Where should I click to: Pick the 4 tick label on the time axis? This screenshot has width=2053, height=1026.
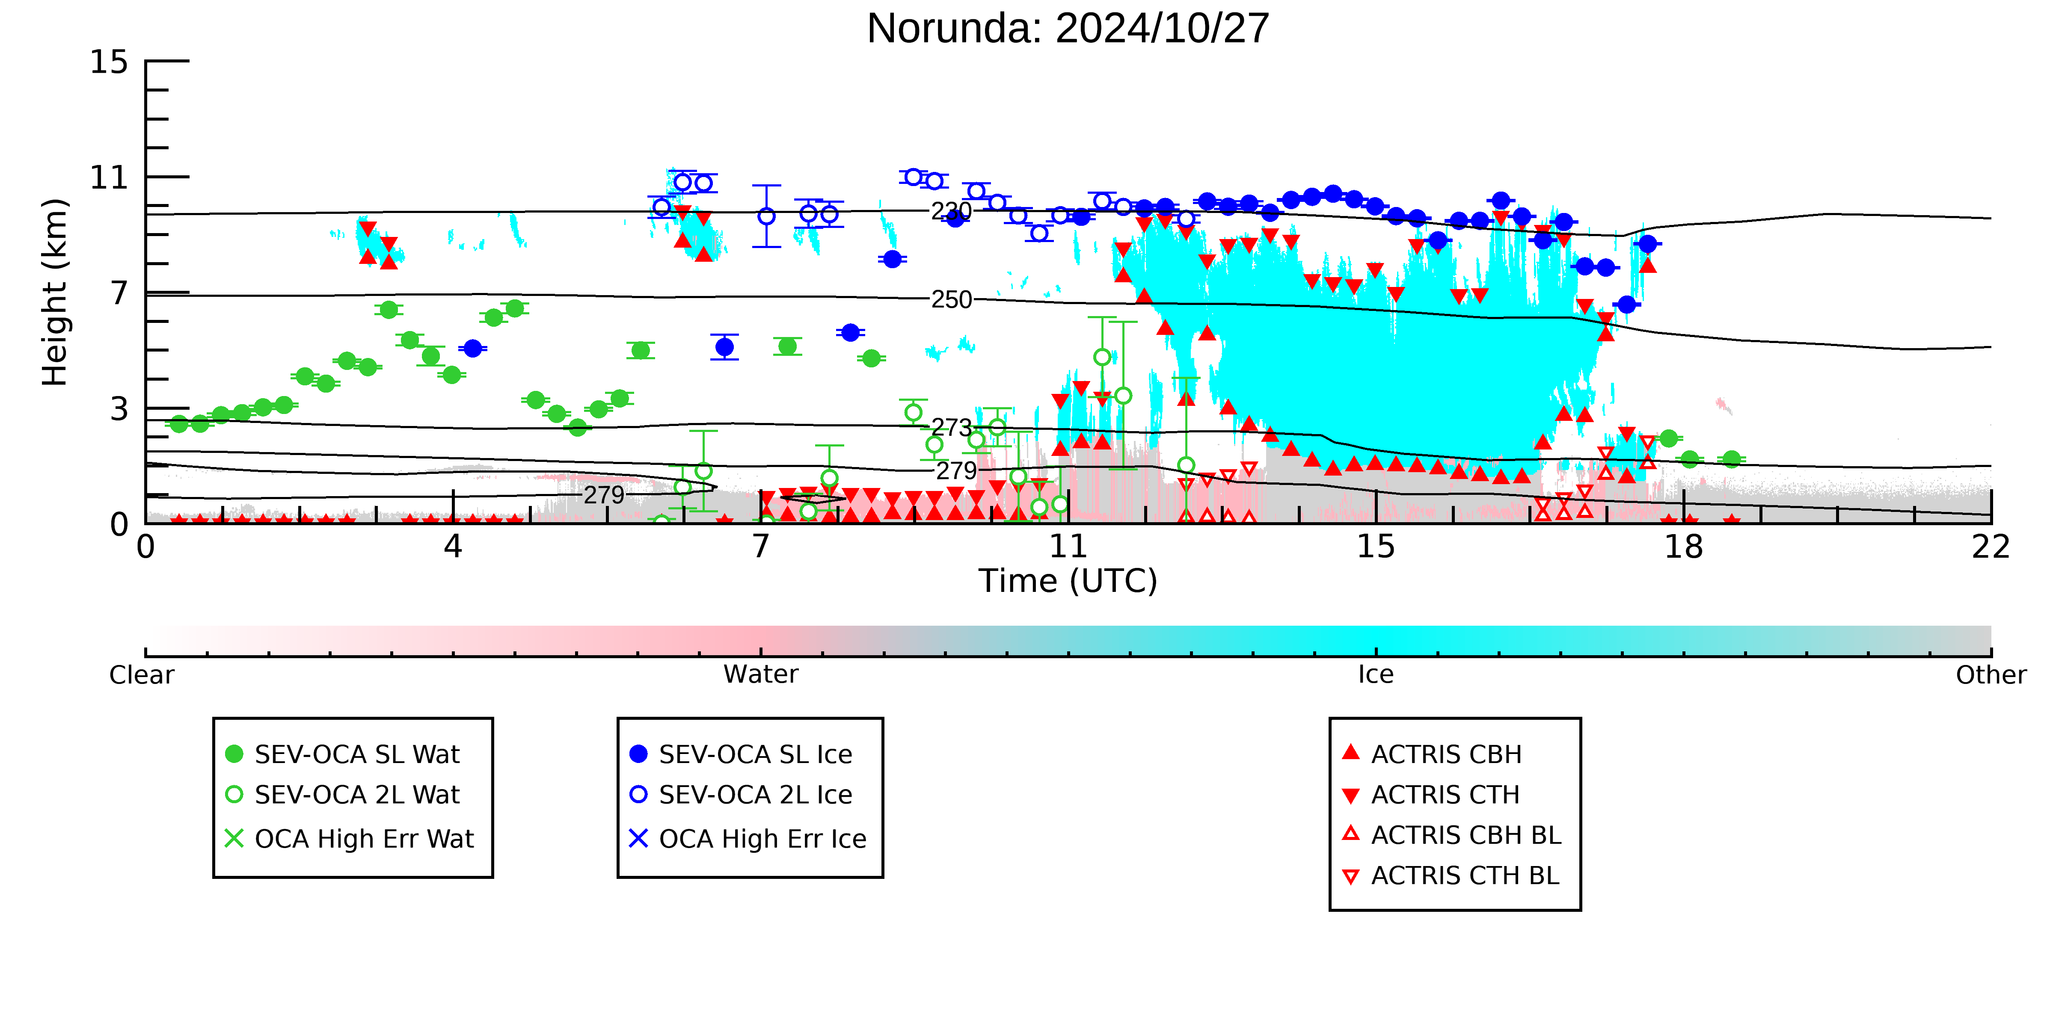pos(453,547)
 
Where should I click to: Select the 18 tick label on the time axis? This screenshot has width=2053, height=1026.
pos(1683,547)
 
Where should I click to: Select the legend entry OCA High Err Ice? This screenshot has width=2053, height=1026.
pos(748,839)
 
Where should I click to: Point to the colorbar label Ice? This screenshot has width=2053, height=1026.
pos(1376,675)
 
